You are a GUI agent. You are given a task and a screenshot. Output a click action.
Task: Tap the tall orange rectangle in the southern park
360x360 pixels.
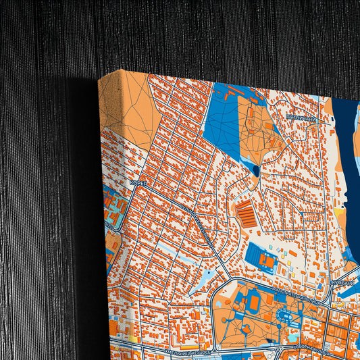point(254,303)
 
